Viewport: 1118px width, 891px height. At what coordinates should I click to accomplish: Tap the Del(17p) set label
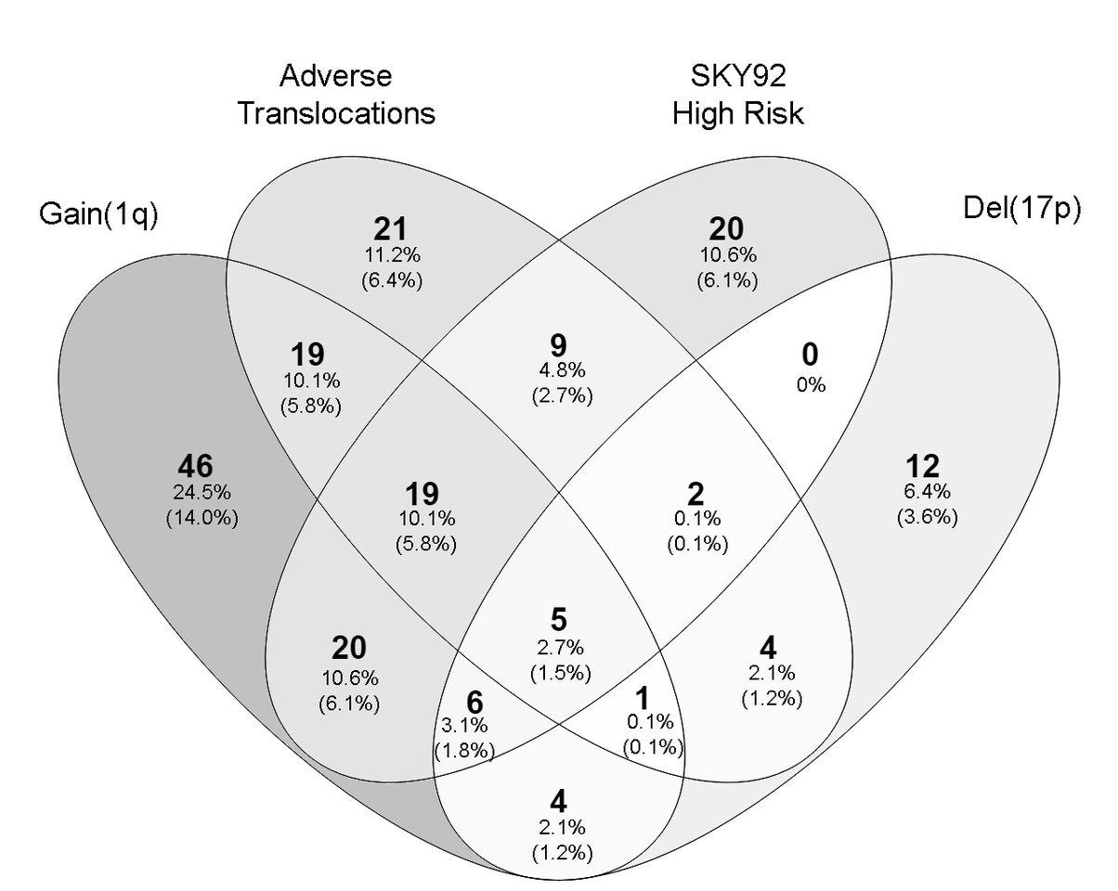point(1022,210)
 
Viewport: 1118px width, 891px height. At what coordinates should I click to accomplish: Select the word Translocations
point(335,113)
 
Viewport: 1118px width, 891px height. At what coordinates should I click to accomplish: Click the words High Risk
point(737,113)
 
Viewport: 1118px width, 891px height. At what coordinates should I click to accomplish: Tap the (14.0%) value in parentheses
point(201,517)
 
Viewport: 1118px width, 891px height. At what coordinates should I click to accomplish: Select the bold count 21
point(391,228)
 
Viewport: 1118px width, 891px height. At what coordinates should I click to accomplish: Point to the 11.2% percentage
point(391,253)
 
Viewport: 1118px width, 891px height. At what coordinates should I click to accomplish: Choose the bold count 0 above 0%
point(810,356)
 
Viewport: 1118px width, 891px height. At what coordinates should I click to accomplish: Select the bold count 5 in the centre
point(558,620)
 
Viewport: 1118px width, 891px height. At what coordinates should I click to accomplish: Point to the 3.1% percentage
point(464,725)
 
